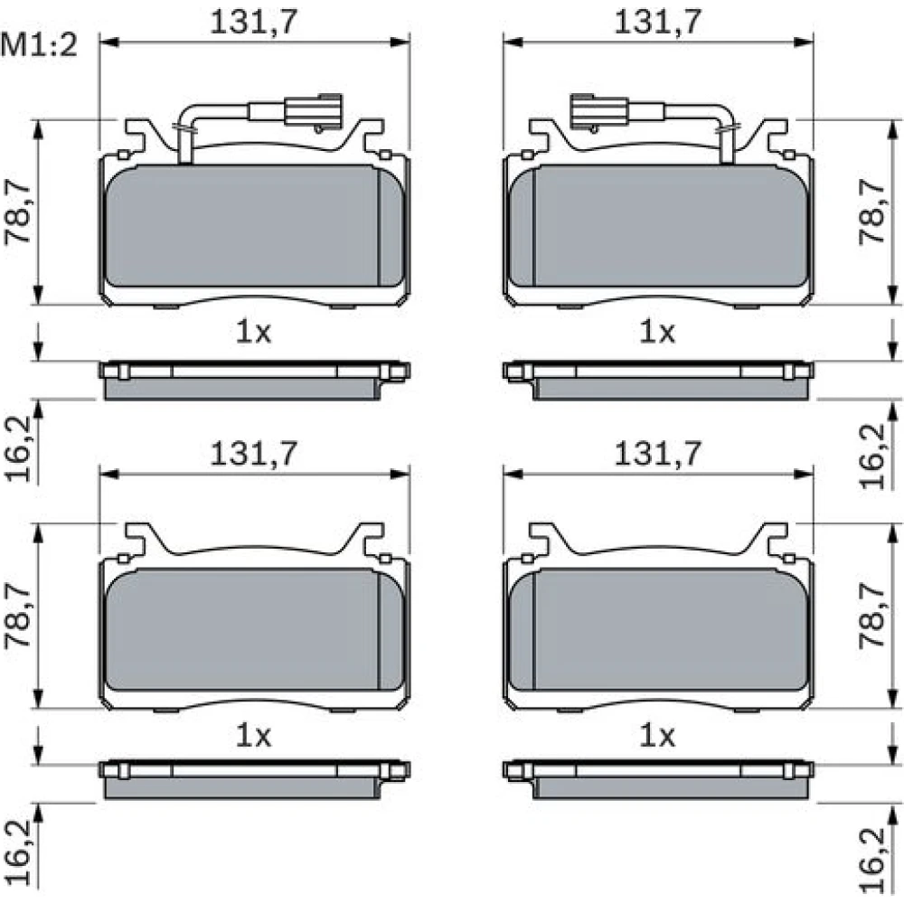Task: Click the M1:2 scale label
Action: [x=39, y=45]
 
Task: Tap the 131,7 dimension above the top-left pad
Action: [x=254, y=22]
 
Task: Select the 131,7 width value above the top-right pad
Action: [x=658, y=22]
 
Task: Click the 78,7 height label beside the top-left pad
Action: [x=18, y=211]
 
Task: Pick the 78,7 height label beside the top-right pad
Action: [x=871, y=211]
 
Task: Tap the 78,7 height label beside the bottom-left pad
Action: [x=18, y=615]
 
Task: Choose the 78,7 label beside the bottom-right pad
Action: [x=871, y=615]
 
